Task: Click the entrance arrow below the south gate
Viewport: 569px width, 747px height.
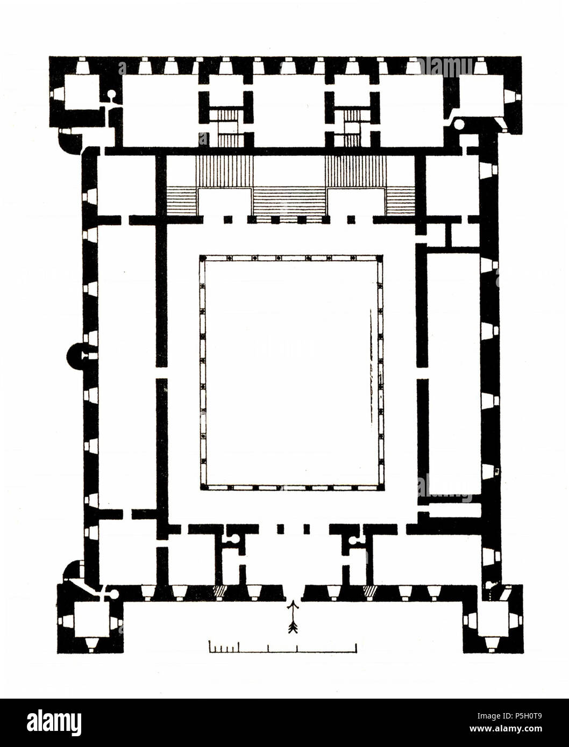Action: coord(294,617)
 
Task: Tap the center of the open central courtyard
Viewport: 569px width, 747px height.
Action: coord(291,372)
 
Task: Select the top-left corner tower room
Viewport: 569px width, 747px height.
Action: coord(81,92)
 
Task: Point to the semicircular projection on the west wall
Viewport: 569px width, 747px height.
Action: coord(76,355)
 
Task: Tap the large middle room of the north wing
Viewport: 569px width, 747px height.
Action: coord(289,110)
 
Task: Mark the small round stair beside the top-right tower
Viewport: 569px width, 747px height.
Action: coord(459,125)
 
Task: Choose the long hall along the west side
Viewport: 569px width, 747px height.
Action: coord(127,365)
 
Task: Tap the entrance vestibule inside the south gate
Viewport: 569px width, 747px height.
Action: coord(291,559)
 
